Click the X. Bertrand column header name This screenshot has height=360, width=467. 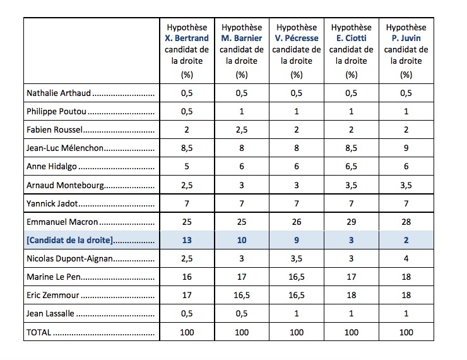tap(187, 38)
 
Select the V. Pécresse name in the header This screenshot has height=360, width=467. tap(297, 38)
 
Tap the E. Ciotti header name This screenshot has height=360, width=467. tap(351, 38)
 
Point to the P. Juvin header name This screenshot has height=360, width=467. tap(406, 38)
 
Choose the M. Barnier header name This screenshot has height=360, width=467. tap(242, 38)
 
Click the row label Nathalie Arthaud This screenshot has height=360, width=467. tap(59, 93)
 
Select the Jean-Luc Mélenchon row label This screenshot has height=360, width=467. tap(65, 148)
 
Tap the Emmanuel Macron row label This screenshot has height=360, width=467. tap(62, 222)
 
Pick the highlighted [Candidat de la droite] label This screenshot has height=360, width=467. tap(70, 240)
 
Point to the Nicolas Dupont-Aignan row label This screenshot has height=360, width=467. tap(69, 258)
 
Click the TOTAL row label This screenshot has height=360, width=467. tap(38, 332)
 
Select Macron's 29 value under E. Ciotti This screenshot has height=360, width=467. tap(351, 222)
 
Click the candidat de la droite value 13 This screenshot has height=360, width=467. tap(187, 240)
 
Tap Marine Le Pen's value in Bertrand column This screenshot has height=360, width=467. tap(187, 277)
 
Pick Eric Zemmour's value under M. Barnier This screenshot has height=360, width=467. tap(242, 295)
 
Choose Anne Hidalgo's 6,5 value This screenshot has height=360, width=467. tap(351, 166)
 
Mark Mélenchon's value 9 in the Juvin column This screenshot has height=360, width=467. tap(406, 148)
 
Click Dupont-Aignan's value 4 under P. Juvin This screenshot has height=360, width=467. tap(406, 258)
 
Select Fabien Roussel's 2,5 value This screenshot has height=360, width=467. tap(242, 129)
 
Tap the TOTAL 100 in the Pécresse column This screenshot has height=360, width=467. tap(297, 332)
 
